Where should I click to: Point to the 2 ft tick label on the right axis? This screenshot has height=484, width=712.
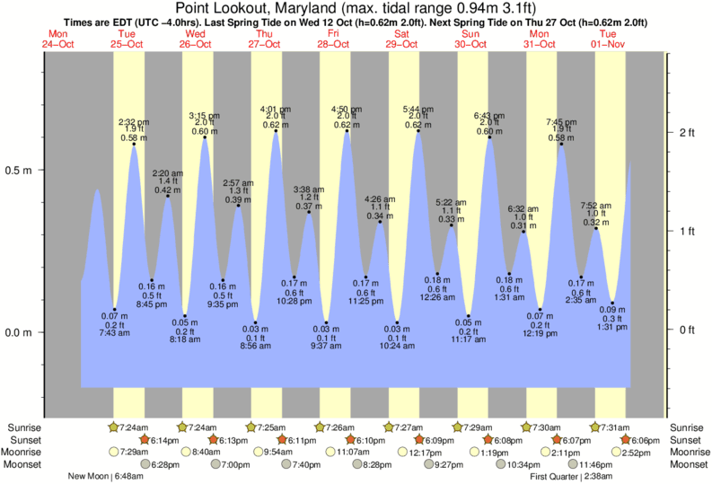[688, 133]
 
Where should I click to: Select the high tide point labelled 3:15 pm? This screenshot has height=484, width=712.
[205, 137]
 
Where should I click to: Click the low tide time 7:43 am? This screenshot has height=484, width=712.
[115, 333]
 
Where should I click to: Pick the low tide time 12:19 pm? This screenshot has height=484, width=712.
[541, 333]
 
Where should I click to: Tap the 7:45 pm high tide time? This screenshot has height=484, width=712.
[561, 121]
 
